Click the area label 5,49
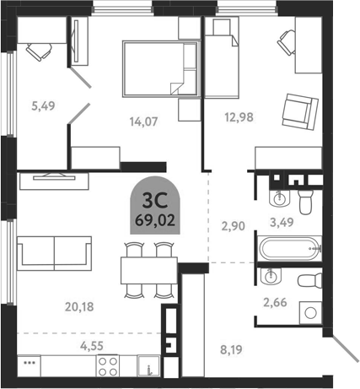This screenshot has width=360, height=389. pyautogui.click(x=41, y=106)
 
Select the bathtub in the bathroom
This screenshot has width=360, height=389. pyautogui.click(x=290, y=249)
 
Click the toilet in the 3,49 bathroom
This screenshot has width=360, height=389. pyautogui.click(x=307, y=201)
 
